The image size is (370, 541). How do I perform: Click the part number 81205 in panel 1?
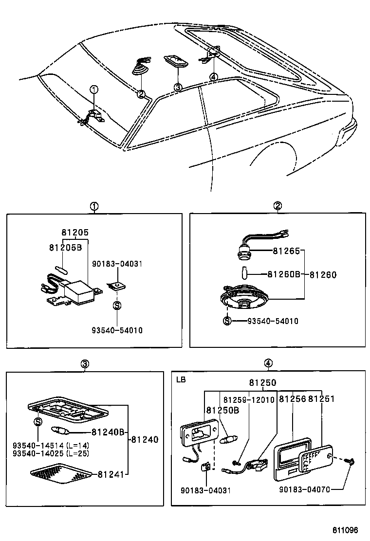75,233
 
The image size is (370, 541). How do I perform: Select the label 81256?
292,399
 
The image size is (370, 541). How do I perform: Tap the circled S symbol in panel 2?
227,321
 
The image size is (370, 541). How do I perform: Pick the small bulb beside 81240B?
62,431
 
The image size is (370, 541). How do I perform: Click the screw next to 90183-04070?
350,460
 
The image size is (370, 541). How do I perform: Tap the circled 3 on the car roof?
178,88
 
